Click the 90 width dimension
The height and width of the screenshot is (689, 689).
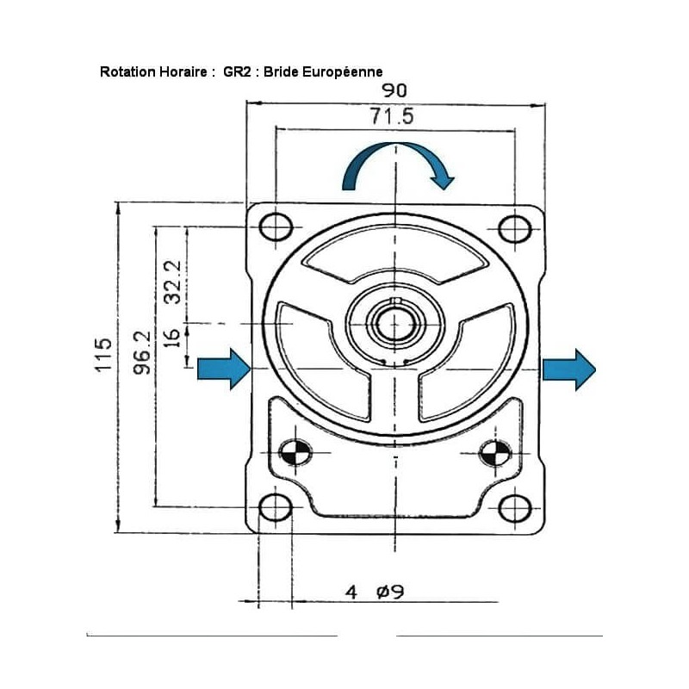[394, 90]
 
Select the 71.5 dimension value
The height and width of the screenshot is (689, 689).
[392, 116]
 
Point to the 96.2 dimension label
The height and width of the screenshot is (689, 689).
[142, 353]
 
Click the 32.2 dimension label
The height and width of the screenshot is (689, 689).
[172, 282]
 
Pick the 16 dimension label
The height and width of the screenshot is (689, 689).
[172, 338]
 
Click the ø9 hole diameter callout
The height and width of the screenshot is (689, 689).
[391, 592]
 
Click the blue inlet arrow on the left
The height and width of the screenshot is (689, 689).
[224, 369]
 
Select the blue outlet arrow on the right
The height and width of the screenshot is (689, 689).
[569, 369]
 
